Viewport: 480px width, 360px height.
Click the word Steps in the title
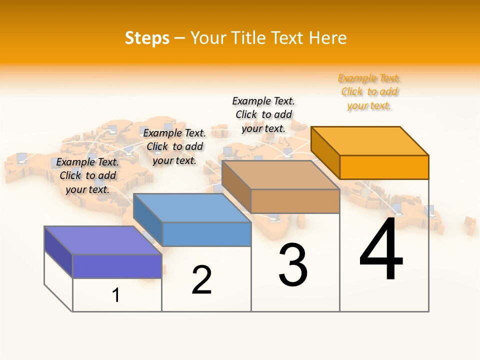pyautogui.click(x=147, y=38)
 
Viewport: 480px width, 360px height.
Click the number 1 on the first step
pyautogui.click(x=116, y=295)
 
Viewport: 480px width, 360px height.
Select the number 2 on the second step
pyautogui.click(x=201, y=279)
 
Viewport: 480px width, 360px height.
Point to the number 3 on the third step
pyautogui.click(x=293, y=265)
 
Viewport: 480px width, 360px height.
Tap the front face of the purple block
pyautogui.click(x=117, y=266)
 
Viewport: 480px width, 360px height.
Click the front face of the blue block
pyautogui.click(x=206, y=234)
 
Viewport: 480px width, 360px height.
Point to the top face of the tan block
pyautogui.click(x=280, y=175)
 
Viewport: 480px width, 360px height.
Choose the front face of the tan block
pyautogui.click(x=295, y=201)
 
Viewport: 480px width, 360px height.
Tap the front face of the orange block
pyautogui.click(x=384, y=167)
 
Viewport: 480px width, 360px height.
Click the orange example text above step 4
pyautogui.click(x=369, y=92)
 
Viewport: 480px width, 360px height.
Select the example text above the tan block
pyautogui.click(x=263, y=114)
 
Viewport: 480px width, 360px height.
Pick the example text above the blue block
pyautogui.click(x=174, y=146)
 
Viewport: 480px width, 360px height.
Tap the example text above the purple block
pyautogui.click(x=87, y=175)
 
